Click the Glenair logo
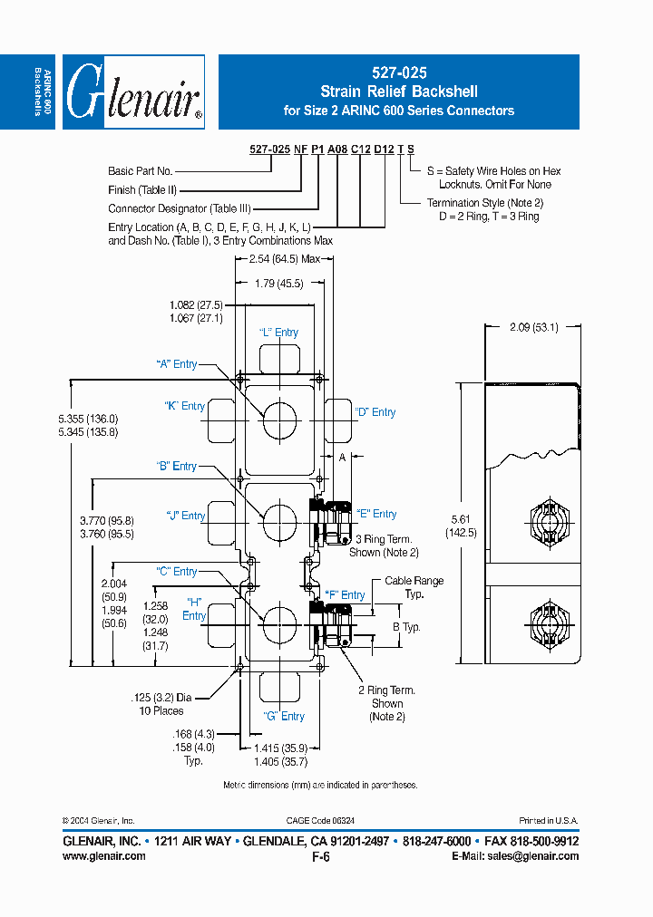[x=134, y=92]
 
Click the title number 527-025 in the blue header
[x=399, y=72]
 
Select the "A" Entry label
[x=176, y=364]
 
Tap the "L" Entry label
[x=278, y=333]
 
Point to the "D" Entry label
[x=375, y=412]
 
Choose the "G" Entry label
[x=284, y=716]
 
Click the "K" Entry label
[x=184, y=406]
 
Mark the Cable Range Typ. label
[x=414, y=587]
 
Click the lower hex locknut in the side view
[x=548, y=623]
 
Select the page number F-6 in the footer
[x=320, y=856]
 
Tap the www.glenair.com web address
[x=104, y=856]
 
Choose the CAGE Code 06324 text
[x=320, y=820]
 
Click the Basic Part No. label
[x=140, y=170]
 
